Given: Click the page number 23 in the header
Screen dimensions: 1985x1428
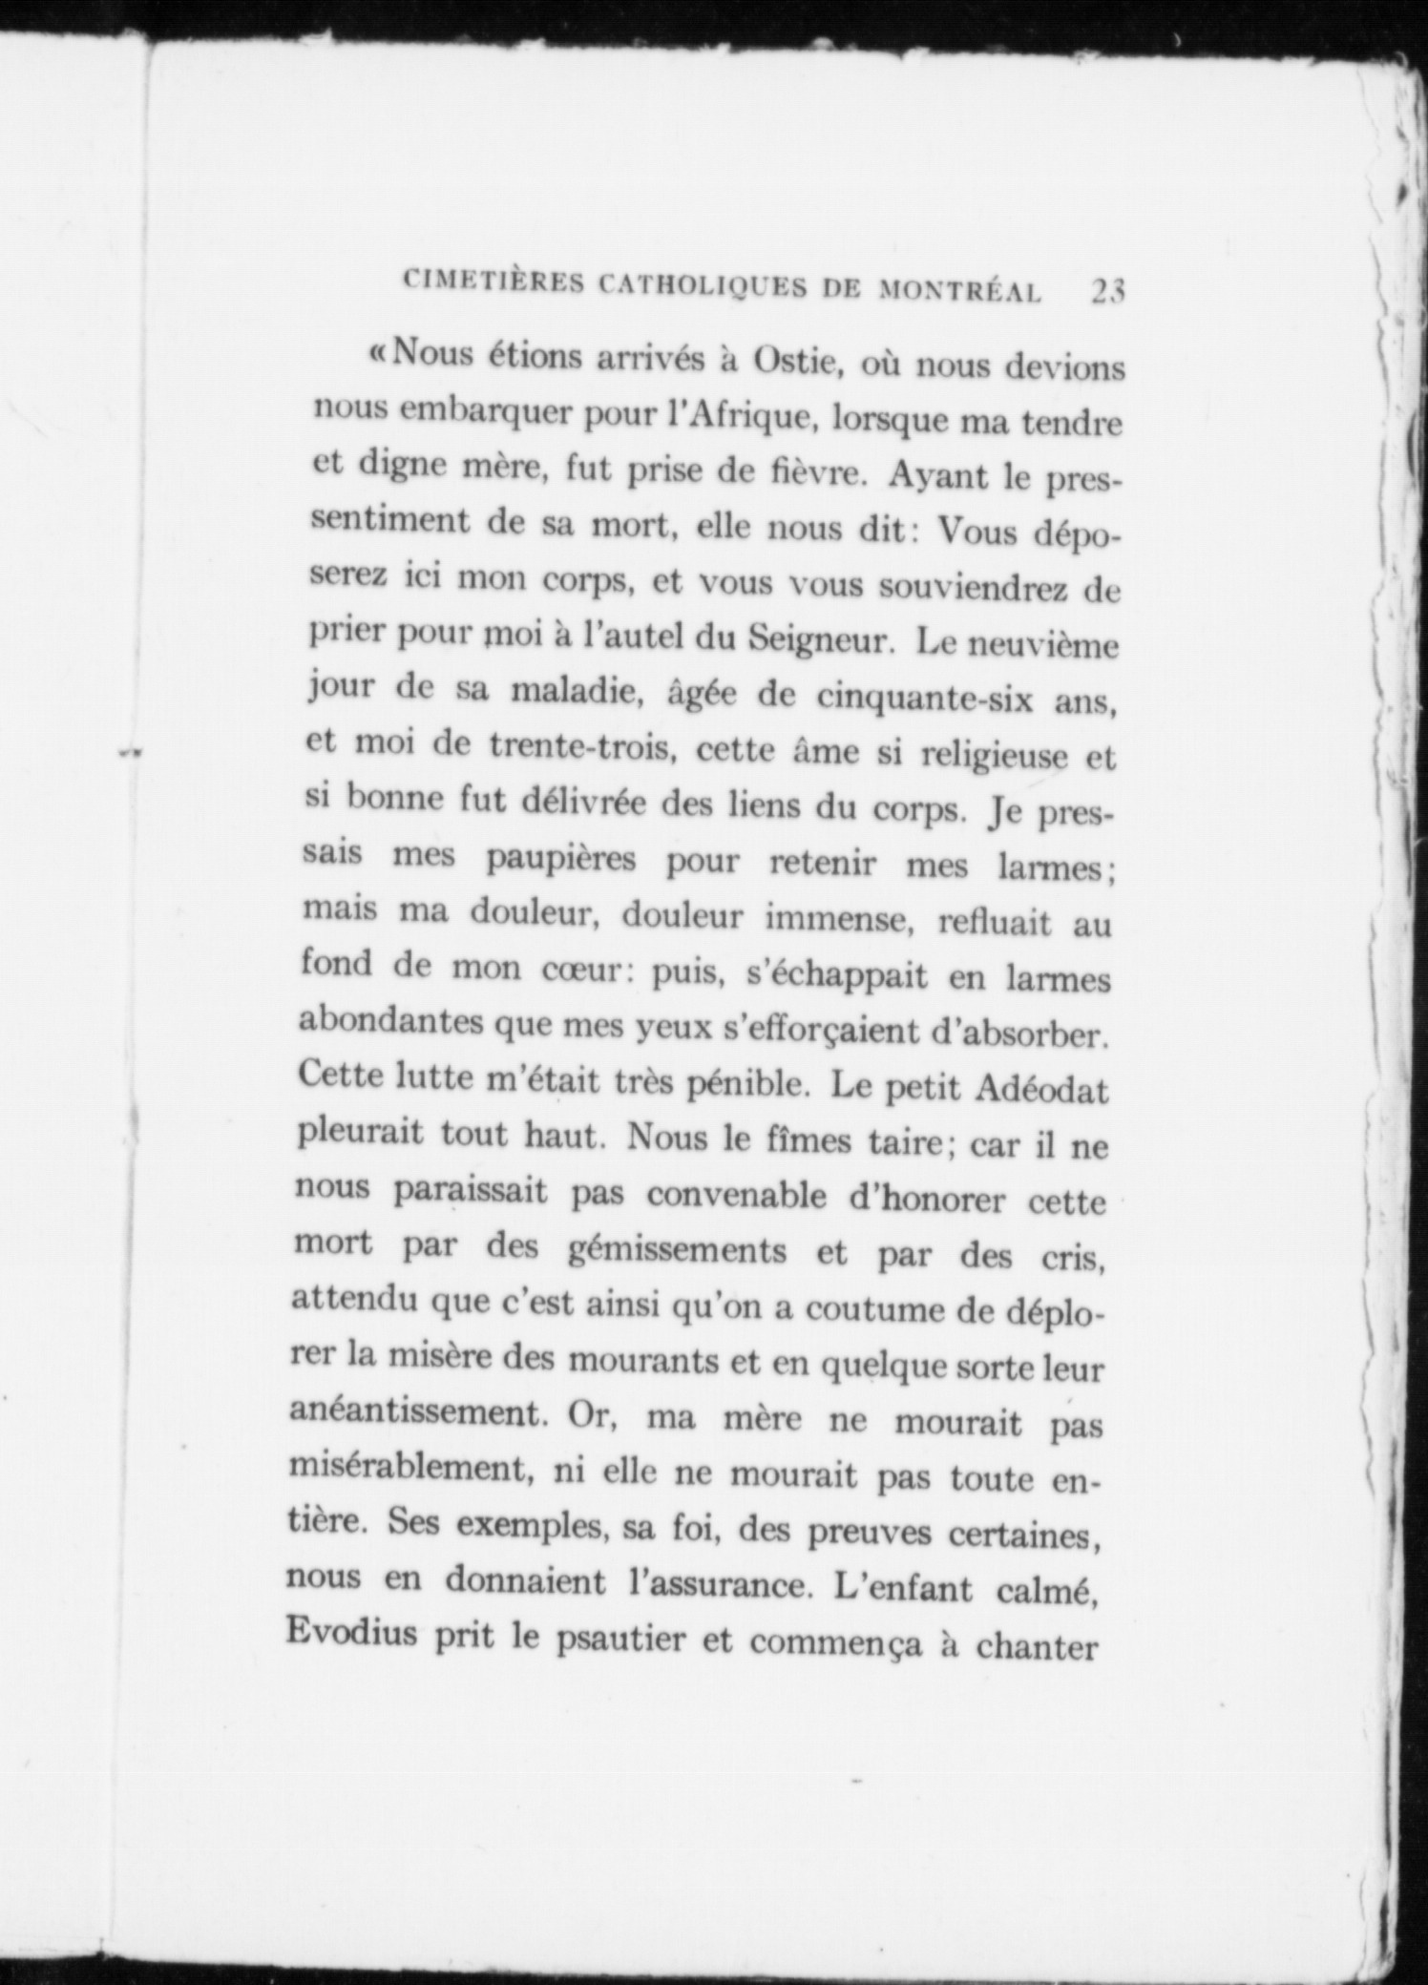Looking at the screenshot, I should click(1107, 291).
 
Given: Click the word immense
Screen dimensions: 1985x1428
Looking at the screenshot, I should click(830, 918).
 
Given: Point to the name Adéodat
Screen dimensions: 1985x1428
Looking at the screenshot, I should click(1040, 1089).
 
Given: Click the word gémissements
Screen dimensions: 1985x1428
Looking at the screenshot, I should click(676, 1249).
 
